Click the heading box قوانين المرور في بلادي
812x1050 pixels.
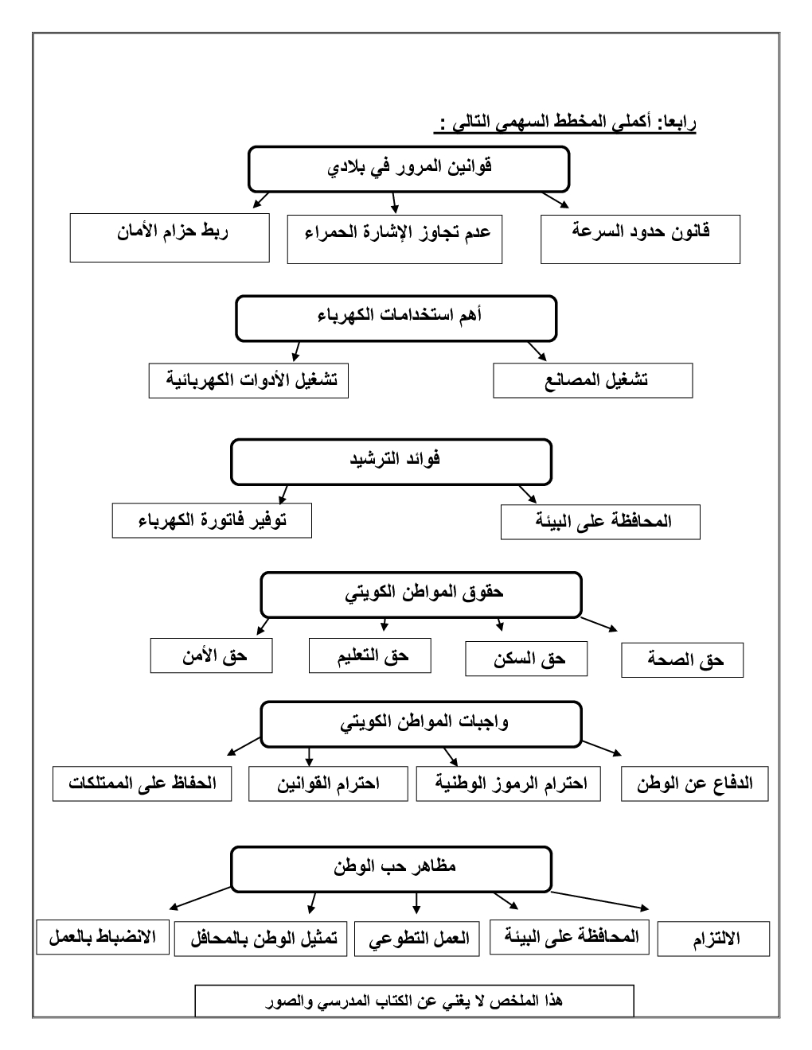(409, 169)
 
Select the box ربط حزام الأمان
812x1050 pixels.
(170, 237)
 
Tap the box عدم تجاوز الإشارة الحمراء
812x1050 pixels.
(395, 239)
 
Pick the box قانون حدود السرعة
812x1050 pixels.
(640, 239)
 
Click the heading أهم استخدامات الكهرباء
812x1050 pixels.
(396, 318)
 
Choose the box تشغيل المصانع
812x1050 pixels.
(592, 380)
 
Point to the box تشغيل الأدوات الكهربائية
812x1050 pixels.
(248, 380)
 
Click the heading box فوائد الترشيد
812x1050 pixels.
(391, 461)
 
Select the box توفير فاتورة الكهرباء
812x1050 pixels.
(212, 522)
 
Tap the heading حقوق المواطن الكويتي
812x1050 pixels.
(421, 594)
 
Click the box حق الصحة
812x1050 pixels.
(682, 660)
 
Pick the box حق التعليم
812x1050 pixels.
(370, 655)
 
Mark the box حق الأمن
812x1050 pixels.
(211, 655)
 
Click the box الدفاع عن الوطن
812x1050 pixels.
(694, 784)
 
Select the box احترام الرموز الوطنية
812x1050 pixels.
(508, 784)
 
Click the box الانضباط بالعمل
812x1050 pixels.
(103, 937)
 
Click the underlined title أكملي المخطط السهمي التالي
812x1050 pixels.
(565, 124)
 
